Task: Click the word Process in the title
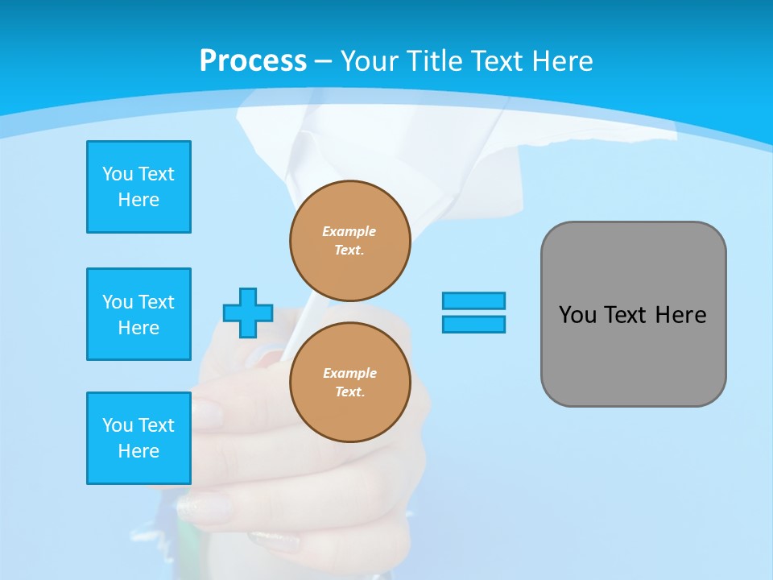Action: (253, 61)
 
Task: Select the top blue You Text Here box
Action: (138, 187)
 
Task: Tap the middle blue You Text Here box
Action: (138, 314)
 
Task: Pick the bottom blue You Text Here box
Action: (138, 438)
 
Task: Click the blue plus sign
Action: (248, 313)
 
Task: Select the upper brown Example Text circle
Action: (350, 241)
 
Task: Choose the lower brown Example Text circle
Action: (350, 383)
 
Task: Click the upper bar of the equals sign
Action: (473, 300)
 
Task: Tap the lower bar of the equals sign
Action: (473, 324)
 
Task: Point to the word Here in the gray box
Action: (680, 315)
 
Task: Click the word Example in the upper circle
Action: (349, 231)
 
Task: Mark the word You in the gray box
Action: (577, 315)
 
